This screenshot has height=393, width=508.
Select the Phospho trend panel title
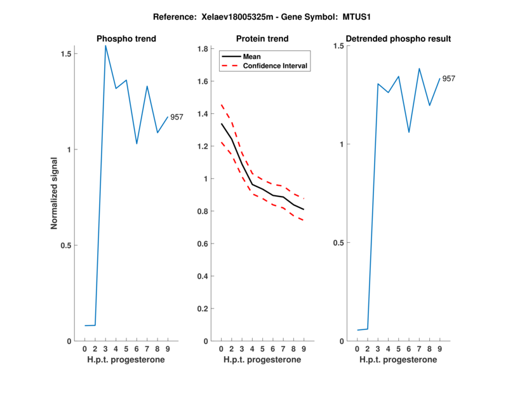126,39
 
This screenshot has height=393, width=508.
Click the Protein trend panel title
262,39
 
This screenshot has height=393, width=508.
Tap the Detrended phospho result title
398,39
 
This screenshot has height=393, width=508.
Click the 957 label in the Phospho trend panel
177,117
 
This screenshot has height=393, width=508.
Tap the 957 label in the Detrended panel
449,79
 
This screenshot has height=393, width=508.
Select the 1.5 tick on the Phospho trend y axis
65,53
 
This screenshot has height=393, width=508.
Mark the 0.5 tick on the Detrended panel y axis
338,243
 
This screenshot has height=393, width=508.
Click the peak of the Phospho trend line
106,45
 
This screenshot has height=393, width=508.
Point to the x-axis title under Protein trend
262,360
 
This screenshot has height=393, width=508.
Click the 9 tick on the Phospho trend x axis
168,349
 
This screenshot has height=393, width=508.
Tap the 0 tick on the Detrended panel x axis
357,349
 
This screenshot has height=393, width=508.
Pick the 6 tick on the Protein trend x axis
272,349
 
